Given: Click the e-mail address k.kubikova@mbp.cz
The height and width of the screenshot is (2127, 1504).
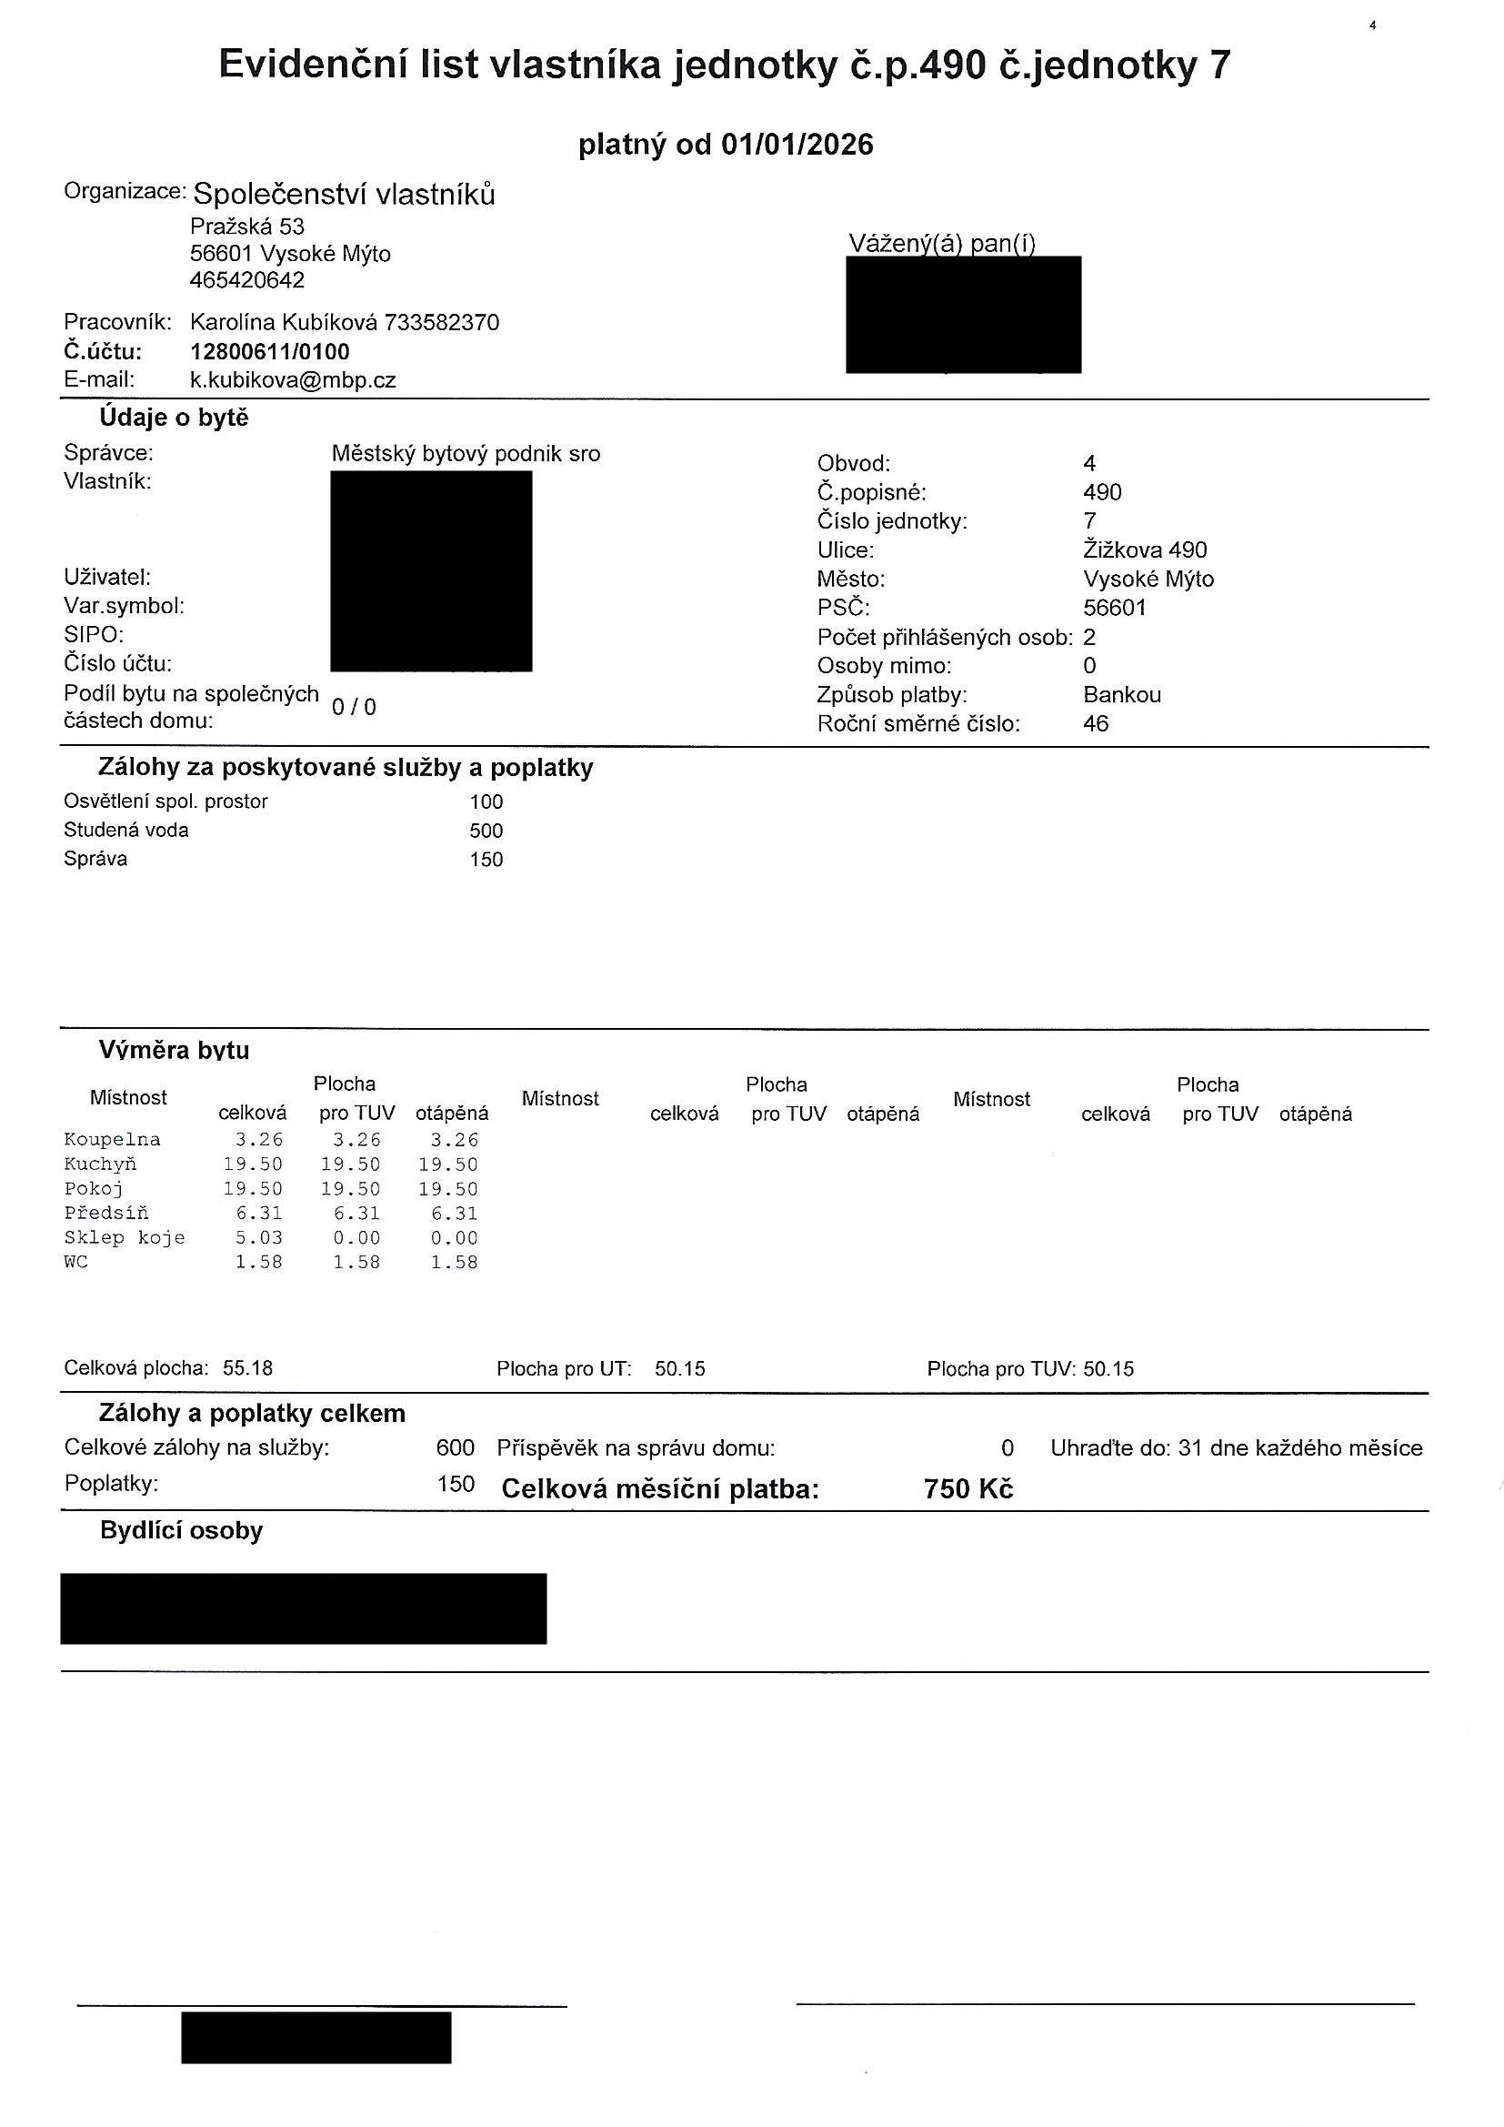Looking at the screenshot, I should coord(293,381).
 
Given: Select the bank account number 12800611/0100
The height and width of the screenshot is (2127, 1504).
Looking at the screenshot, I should coord(269,352).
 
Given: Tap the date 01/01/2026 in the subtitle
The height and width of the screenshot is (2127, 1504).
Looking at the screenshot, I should coord(797,145).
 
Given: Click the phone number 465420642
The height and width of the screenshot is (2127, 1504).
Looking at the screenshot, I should coord(247,281).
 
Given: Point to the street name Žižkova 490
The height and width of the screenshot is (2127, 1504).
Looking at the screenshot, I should coord(1145,550).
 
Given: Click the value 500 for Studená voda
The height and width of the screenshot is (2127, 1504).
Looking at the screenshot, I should coord(486,831).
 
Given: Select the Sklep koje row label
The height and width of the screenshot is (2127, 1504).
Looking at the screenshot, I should coord(124,1238).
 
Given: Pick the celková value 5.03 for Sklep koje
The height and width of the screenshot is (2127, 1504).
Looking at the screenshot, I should coord(258,1238).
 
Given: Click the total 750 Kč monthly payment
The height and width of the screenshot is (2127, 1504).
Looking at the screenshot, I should coord(968,1489).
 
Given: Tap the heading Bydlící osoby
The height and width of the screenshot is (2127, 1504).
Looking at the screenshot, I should coord(182,1531).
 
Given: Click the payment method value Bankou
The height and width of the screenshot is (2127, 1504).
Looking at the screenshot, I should coord(1121,695).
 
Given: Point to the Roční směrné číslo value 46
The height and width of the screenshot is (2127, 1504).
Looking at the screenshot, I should coord(1096,723).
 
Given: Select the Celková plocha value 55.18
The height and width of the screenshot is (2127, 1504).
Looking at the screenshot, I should coord(248,1369).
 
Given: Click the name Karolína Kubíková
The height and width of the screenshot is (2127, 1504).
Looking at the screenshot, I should coord(284,322).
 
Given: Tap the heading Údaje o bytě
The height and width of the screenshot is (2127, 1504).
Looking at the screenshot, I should coord(174,418).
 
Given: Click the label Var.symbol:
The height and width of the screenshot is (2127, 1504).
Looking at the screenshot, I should coord(124,606).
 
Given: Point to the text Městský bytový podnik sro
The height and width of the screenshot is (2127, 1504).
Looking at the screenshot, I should coord(466,454).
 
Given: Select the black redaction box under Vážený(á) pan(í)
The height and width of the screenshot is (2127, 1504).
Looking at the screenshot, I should coord(963,314).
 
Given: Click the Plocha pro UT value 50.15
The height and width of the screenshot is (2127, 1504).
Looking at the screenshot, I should coord(680,1369).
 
